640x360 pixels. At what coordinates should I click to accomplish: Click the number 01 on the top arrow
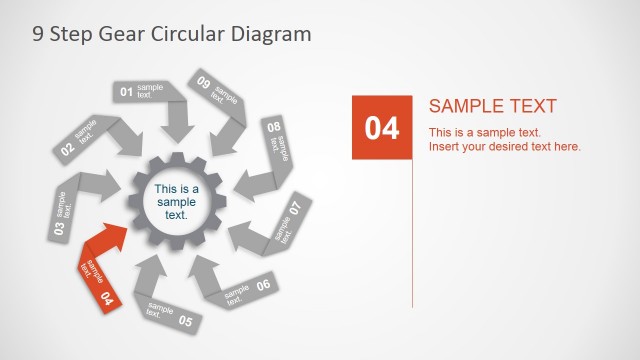point(127,93)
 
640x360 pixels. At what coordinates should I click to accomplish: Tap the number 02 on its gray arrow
point(67,150)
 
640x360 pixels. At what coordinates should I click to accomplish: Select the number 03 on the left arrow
point(59,227)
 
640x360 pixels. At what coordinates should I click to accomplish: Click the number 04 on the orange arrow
point(107,298)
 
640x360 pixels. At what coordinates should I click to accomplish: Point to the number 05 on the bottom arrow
point(185,321)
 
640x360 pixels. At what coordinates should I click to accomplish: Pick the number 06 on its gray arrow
point(263,285)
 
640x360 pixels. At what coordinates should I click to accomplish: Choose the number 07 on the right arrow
point(294,209)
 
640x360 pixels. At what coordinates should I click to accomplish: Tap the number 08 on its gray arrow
point(273,128)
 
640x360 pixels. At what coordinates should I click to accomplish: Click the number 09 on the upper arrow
point(203,83)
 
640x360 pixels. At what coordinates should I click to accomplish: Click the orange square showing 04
point(381,127)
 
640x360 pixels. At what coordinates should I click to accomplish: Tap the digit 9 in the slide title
point(38,34)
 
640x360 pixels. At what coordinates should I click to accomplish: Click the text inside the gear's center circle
point(177,202)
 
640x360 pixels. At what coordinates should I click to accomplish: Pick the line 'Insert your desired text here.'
point(504,147)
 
